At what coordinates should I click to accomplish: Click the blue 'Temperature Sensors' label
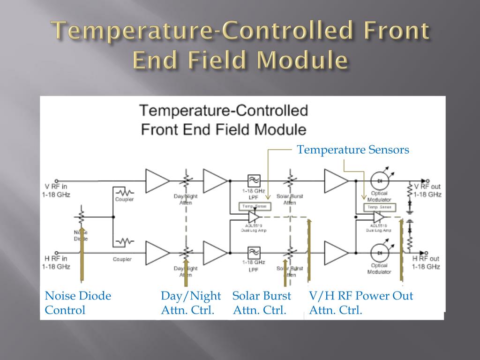(x=353, y=150)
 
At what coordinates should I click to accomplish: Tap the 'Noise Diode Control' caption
(x=78, y=303)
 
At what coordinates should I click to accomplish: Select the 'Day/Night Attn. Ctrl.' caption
(x=190, y=303)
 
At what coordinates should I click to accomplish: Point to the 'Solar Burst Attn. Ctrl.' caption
(x=262, y=303)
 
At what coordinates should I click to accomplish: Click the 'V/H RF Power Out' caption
(x=361, y=296)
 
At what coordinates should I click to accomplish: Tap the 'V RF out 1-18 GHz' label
(x=427, y=190)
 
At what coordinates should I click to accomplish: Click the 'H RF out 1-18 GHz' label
(x=426, y=262)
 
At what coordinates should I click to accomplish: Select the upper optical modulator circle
(x=379, y=180)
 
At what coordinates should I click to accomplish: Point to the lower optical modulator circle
(x=379, y=253)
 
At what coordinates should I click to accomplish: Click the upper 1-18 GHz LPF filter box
(x=254, y=180)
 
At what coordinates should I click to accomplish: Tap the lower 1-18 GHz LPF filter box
(x=254, y=253)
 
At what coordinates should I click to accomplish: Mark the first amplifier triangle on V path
(x=157, y=180)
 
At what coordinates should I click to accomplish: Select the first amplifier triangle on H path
(x=157, y=253)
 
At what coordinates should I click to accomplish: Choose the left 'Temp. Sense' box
(x=253, y=206)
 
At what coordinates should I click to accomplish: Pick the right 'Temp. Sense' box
(x=378, y=207)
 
